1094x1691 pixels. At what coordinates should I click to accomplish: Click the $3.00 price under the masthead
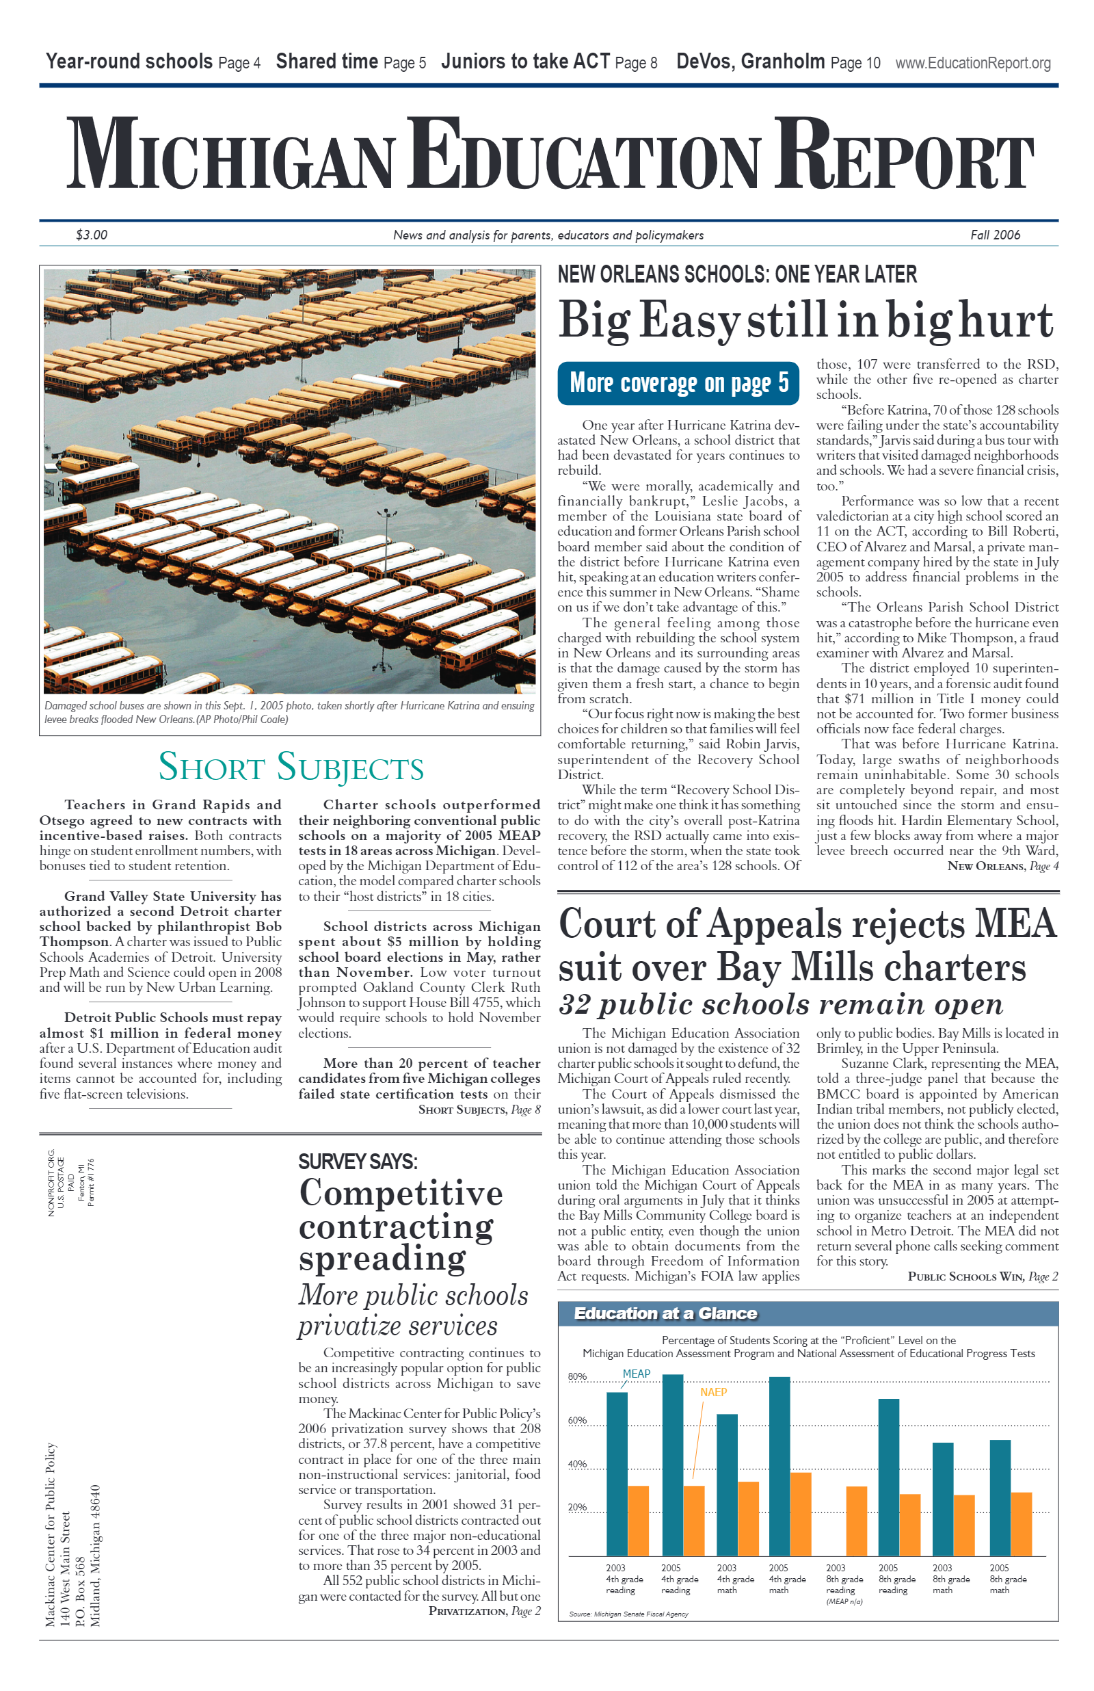pyautogui.click(x=92, y=235)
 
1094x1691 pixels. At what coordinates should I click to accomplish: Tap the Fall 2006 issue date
pyautogui.click(x=995, y=235)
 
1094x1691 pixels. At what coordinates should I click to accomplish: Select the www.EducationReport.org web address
pyautogui.click(x=972, y=63)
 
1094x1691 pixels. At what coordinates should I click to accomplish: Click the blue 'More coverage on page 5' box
pyautogui.click(x=678, y=383)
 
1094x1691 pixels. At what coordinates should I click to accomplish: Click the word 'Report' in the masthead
pyautogui.click(x=904, y=155)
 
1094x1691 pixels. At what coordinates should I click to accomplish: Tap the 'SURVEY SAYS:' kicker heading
pyautogui.click(x=358, y=1162)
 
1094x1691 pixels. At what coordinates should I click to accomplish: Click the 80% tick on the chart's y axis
pyautogui.click(x=577, y=1377)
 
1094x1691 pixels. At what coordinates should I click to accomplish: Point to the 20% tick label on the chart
pyautogui.click(x=577, y=1508)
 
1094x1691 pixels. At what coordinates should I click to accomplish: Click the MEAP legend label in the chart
pyautogui.click(x=636, y=1374)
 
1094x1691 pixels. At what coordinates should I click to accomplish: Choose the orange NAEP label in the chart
pyautogui.click(x=713, y=1393)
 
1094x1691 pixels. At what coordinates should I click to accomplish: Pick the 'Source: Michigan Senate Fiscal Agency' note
pyautogui.click(x=628, y=1614)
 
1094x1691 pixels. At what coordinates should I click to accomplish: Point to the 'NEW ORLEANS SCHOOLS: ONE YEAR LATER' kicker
pyautogui.click(x=736, y=274)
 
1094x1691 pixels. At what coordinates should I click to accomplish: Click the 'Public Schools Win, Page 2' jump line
pyautogui.click(x=983, y=1276)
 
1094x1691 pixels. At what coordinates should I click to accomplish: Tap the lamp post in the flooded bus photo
pyautogui.click(x=387, y=540)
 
